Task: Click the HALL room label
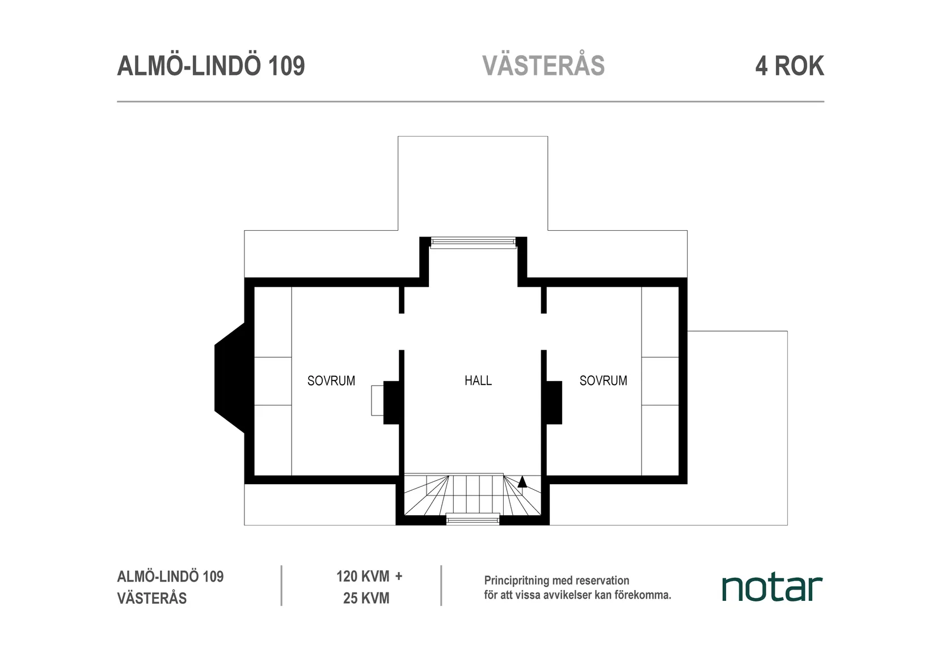tap(478, 380)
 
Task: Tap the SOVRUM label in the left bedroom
tap(331, 380)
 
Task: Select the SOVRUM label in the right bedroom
tap(603, 380)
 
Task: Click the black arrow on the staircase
tap(522, 482)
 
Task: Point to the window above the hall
tap(473, 243)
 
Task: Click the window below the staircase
tap(473, 518)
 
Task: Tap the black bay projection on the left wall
tap(229, 378)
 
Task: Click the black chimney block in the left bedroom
tap(392, 402)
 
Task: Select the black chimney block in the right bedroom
tap(554, 402)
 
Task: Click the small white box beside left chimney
tap(377, 400)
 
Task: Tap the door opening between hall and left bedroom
tap(402, 332)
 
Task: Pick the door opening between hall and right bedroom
tap(543, 332)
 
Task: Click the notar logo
tap(771, 588)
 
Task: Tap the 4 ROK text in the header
tap(789, 66)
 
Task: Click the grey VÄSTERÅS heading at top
tap(543, 66)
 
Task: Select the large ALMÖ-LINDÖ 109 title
tap(211, 66)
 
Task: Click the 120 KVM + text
tap(369, 577)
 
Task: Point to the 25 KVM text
tap(366, 598)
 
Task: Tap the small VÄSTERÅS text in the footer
tap(151, 598)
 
